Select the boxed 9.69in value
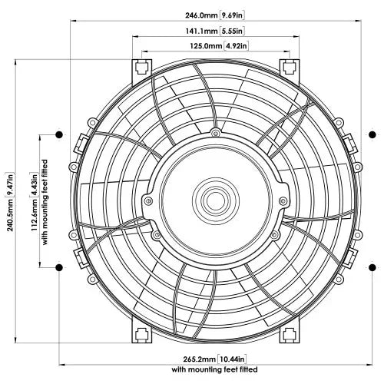pos(232,15)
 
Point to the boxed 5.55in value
pos(231,31)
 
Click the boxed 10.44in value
pos(232,359)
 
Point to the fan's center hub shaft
pos(212,200)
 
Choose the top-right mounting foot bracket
pos(288,66)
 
